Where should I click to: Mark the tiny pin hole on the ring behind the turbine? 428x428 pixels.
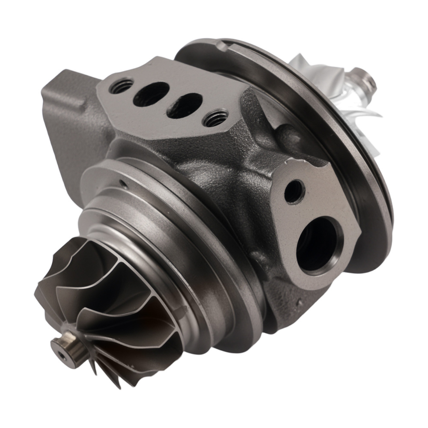pyautogui.click(x=123, y=184)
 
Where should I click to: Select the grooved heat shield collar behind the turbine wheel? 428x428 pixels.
pyautogui.click(x=171, y=240)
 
